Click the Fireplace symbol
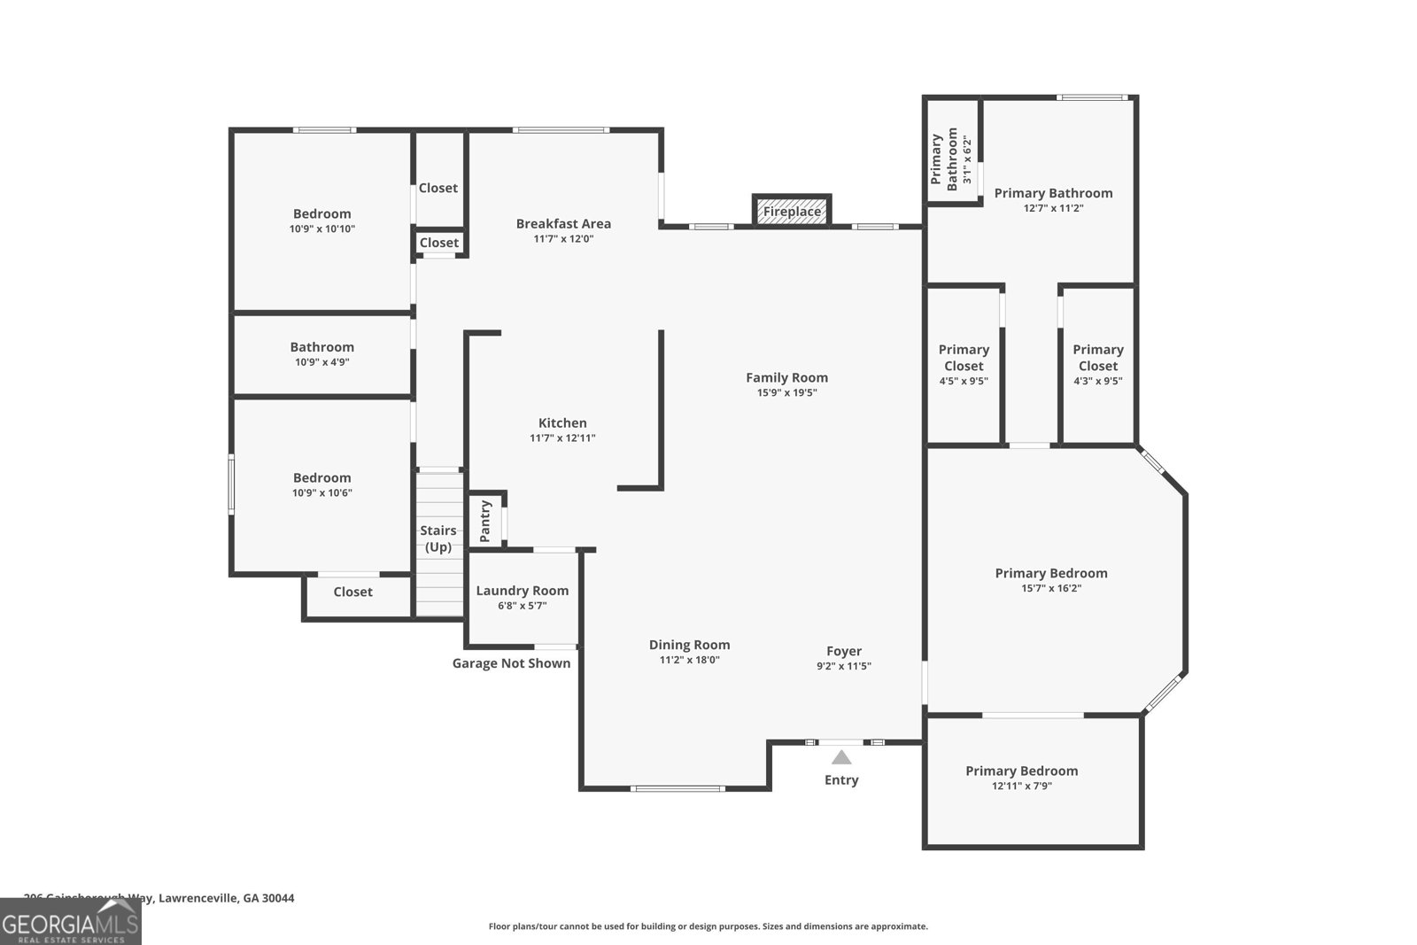point(792,211)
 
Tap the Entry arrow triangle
point(841,757)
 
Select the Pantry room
point(485,521)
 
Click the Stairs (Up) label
point(438,538)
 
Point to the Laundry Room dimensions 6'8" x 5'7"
point(522,606)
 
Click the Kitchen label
point(562,422)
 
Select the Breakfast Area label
point(563,223)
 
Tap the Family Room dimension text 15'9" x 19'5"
point(786,392)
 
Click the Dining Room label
point(689,645)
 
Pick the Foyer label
point(844,651)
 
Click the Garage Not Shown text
point(511,663)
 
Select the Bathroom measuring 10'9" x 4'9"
point(321,353)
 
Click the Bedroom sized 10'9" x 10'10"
point(321,220)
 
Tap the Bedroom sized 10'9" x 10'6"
point(321,484)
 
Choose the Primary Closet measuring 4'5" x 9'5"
point(964,364)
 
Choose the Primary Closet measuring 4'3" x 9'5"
point(1098,364)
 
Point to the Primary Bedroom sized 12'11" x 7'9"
point(1021,778)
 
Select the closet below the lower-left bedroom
point(353,592)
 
